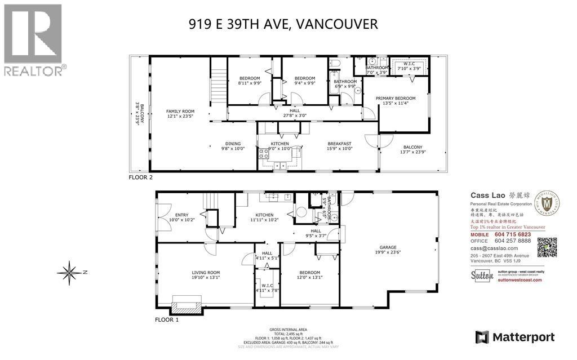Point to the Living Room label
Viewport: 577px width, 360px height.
(205, 274)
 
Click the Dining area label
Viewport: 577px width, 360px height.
(233, 146)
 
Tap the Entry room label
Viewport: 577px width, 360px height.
(181, 217)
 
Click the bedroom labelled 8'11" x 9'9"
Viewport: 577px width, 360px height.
(249, 81)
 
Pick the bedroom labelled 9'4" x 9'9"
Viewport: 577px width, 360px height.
(304, 81)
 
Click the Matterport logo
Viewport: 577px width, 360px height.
(515, 337)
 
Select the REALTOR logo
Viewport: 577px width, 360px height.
(33, 39)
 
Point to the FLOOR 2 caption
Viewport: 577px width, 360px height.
(141, 177)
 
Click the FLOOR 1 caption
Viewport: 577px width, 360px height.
(167, 319)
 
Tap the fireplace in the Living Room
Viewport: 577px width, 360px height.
(185, 307)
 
